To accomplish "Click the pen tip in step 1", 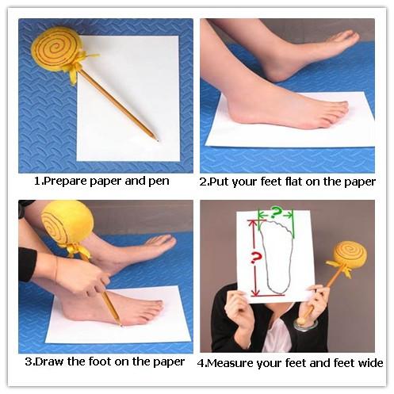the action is [x=158, y=140].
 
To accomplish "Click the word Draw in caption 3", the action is [x=50, y=361].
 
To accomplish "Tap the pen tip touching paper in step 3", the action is [x=120, y=324].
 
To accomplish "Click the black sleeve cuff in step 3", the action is [x=27, y=264].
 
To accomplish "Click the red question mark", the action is [x=255, y=258].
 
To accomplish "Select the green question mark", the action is [x=276, y=212].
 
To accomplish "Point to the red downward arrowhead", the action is [x=255, y=293].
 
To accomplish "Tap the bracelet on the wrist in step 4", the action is [x=306, y=324].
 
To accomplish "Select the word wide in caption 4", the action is [x=370, y=363].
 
